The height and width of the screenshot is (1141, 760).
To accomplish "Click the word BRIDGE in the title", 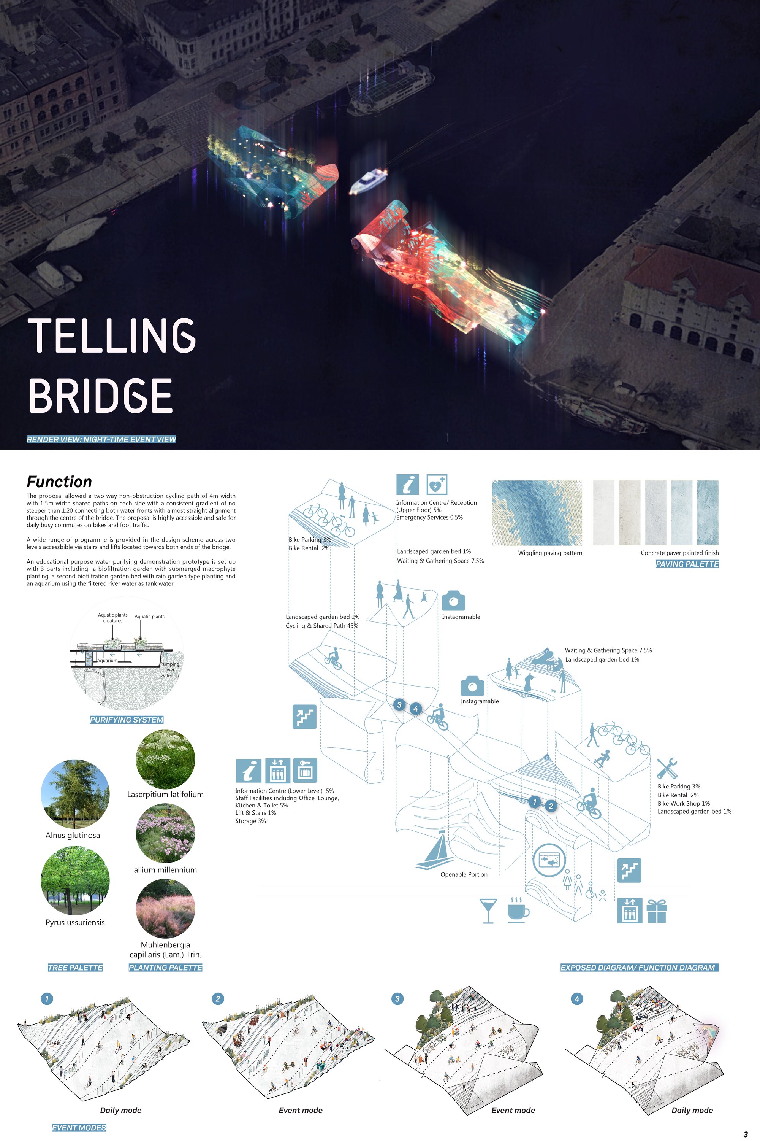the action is tap(101, 396).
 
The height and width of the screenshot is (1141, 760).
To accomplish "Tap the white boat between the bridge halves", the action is tap(368, 181).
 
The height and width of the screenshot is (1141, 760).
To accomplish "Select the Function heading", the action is tap(59, 482).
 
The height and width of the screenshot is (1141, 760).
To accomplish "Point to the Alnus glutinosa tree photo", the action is tap(75, 794).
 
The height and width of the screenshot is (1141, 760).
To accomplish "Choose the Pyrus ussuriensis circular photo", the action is tap(75, 881).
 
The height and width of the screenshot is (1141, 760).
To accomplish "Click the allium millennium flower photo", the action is tap(166, 833).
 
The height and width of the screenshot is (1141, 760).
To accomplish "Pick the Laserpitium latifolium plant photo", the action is tap(166, 759).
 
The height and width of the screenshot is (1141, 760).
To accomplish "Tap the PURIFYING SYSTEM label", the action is tap(127, 720).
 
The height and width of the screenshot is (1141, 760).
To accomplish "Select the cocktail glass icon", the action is tap(488, 911).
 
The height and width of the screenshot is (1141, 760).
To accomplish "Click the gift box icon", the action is tap(657, 911).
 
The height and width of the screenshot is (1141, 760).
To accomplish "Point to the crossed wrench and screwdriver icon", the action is tap(667, 768).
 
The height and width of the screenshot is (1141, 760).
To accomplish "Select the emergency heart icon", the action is tap(437, 484).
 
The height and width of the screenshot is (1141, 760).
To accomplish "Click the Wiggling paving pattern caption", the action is tap(550, 553).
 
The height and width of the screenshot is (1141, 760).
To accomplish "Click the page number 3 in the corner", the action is tap(746, 1135).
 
